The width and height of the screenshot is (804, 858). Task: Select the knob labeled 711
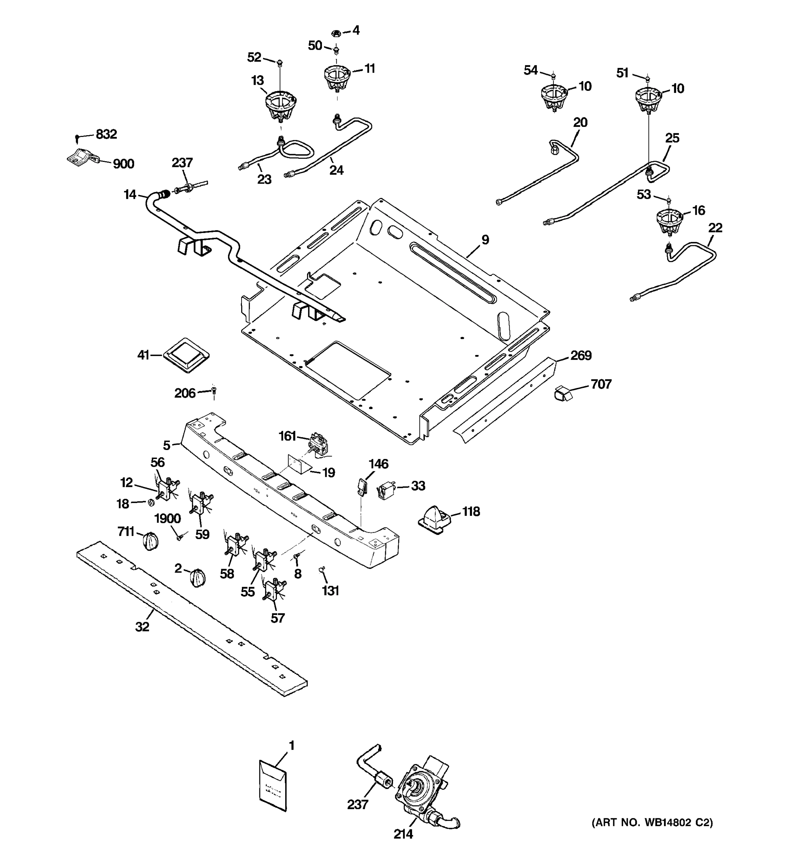click(x=150, y=541)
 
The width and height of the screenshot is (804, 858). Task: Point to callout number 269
click(x=581, y=356)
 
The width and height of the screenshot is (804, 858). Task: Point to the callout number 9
click(x=485, y=240)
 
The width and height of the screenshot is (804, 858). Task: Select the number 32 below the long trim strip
click(x=142, y=627)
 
